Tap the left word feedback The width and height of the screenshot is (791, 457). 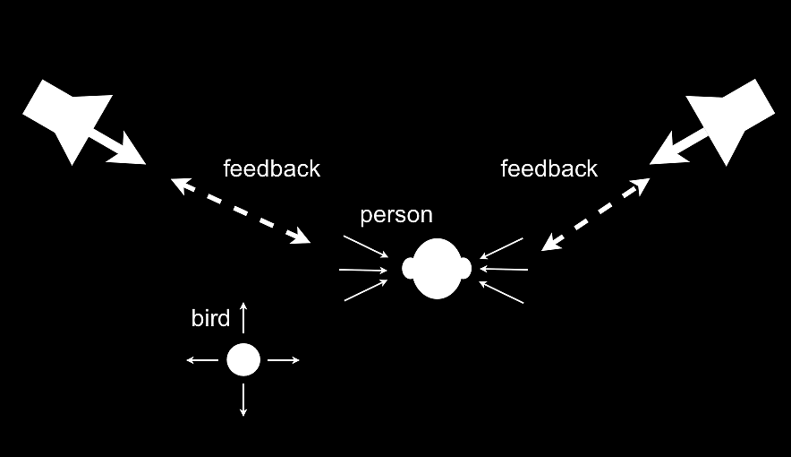click(271, 168)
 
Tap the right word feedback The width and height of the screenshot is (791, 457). click(549, 168)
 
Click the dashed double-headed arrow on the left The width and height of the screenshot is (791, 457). click(240, 211)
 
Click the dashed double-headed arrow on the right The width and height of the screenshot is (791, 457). click(596, 213)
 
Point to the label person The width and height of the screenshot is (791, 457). click(395, 216)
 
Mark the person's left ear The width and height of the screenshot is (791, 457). click(409, 268)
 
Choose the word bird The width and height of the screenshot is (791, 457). click(210, 318)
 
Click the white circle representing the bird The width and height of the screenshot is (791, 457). click(242, 360)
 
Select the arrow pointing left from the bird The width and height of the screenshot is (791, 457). click(202, 360)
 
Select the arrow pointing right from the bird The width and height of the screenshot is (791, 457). click(283, 360)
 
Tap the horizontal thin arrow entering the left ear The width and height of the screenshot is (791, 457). click(363, 269)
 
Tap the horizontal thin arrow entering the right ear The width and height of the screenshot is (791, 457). click(505, 269)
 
